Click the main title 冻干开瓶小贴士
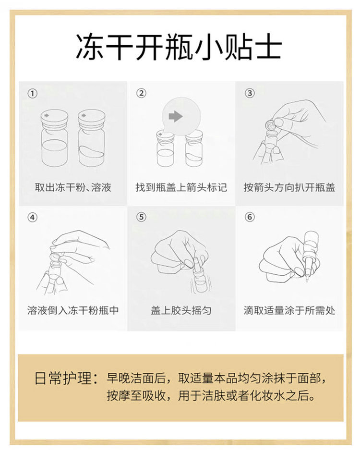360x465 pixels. (x=179, y=48)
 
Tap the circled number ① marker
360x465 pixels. (x=33, y=94)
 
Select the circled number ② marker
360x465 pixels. (x=141, y=93)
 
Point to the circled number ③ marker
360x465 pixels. (x=250, y=93)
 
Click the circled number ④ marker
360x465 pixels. (x=33, y=218)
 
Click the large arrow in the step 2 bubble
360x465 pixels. (x=175, y=116)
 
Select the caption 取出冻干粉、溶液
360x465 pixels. (x=73, y=187)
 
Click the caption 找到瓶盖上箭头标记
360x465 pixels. (x=181, y=187)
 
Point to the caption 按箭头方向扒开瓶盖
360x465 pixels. (x=289, y=187)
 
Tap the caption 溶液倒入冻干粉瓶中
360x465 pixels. (x=73, y=310)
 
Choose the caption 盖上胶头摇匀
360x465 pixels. (x=181, y=310)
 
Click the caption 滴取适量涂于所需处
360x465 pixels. (x=289, y=310)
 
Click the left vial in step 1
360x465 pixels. (x=55, y=138)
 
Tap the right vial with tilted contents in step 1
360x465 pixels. (x=91, y=138)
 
